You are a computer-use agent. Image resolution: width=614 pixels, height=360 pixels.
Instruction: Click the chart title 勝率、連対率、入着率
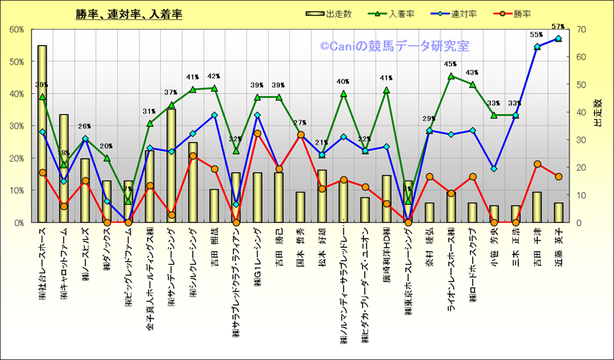[128, 14]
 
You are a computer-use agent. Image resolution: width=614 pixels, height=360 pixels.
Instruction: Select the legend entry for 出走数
[325, 14]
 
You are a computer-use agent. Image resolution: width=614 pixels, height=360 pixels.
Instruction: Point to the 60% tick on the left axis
[17, 29]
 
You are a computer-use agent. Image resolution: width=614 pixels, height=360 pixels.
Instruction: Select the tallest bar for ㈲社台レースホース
[42, 134]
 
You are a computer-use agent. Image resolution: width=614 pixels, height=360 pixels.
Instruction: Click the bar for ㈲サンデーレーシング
[171, 166]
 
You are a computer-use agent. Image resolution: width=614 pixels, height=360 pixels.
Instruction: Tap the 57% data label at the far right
[558, 27]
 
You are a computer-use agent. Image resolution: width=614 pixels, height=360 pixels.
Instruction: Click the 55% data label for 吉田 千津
[536, 35]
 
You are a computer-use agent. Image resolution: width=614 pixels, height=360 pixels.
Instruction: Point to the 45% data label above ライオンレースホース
[450, 64]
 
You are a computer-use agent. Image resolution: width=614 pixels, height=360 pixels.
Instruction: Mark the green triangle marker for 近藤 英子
[558, 39]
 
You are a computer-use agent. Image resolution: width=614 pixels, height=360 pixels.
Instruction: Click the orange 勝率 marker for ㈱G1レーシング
[258, 133]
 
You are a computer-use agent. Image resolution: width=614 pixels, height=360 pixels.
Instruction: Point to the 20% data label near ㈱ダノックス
[106, 146]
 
